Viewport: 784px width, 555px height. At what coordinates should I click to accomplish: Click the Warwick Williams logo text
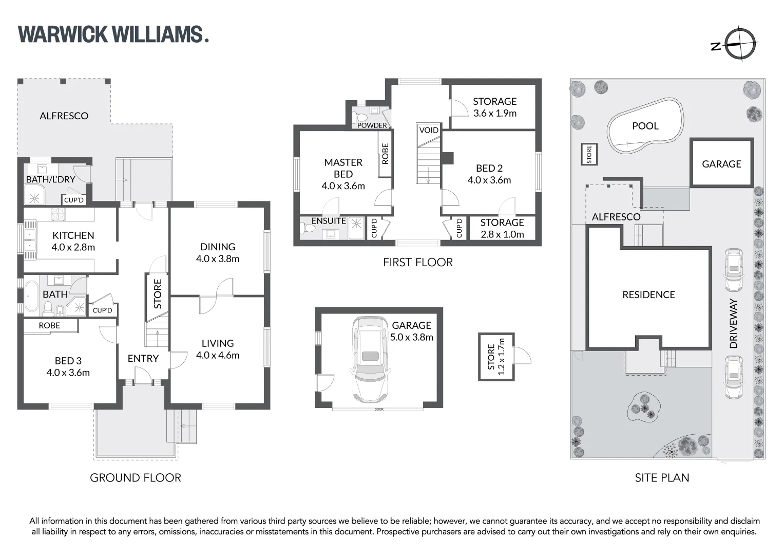(113, 34)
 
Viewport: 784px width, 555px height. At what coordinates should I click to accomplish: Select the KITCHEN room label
(73, 235)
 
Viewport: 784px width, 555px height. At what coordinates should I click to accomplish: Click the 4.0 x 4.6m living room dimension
(218, 355)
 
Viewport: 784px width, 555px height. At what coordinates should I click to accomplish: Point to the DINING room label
(218, 247)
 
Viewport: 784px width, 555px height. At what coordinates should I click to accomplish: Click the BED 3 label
(68, 361)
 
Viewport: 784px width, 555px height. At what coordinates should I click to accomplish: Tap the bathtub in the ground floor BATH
(32, 296)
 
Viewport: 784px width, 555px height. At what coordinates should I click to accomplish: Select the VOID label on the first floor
(429, 130)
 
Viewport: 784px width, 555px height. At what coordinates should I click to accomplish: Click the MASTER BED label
(343, 168)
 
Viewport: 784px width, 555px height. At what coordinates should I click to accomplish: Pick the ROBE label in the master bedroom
(385, 153)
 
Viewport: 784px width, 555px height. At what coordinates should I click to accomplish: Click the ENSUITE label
(329, 221)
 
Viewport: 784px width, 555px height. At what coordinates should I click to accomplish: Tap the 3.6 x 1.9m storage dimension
(494, 113)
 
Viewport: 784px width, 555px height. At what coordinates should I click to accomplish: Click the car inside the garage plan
(369, 359)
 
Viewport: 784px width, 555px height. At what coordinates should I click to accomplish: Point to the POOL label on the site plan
(645, 126)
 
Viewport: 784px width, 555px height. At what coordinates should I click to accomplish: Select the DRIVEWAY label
(733, 324)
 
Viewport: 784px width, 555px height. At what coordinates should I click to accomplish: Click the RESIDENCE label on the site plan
(648, 294)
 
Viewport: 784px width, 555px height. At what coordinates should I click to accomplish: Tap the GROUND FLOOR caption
(136, 478)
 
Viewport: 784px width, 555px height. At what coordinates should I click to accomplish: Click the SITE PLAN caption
(662, 478)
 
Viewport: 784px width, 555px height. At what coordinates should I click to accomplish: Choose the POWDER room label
(372, 125)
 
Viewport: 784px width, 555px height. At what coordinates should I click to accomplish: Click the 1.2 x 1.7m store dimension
(502, 357)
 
